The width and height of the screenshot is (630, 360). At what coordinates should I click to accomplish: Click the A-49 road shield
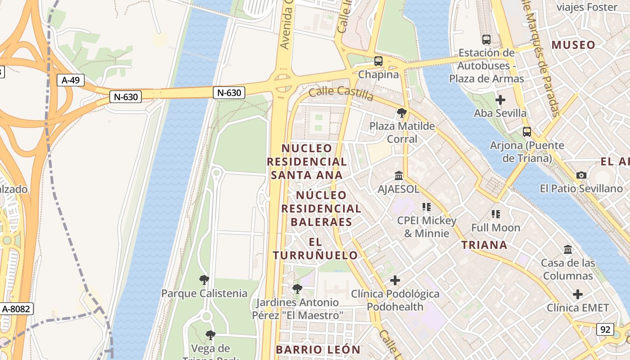click(71, 81)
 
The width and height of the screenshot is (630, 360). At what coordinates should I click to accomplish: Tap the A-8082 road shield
click(16, 309)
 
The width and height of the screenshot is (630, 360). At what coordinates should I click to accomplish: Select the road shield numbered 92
click(605, 329)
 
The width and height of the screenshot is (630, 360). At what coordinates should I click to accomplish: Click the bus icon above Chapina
click(378, 61)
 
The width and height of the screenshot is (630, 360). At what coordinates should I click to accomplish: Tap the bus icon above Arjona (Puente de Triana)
click(526, 132)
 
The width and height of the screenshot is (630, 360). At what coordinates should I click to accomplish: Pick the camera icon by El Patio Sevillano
click(581, 175)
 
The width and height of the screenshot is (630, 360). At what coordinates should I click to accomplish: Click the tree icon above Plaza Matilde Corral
click(402, 113)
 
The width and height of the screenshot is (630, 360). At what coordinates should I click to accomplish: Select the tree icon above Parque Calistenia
click(204, 280)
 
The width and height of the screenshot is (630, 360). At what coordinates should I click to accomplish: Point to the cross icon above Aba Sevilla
click(500, 100)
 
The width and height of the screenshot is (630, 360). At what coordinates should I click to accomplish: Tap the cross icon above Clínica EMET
click(578, 294)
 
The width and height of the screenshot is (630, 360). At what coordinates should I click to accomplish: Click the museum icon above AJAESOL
click(399, 175)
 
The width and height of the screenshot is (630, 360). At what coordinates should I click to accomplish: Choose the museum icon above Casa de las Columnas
click(568, 249)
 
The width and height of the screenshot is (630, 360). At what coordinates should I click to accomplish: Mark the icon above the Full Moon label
click(496, 214)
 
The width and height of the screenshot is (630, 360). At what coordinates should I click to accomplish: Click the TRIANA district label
click(484, 245)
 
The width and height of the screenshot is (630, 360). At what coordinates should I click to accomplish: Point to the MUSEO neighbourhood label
click(573, 45)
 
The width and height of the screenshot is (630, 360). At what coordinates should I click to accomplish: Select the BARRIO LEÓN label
click(318, 350)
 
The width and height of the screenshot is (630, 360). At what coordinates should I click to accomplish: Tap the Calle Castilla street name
click(341, 94)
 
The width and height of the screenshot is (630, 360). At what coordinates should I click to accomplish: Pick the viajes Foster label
click(587, 7)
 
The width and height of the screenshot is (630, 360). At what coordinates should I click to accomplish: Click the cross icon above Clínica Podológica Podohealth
click(395, 280)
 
